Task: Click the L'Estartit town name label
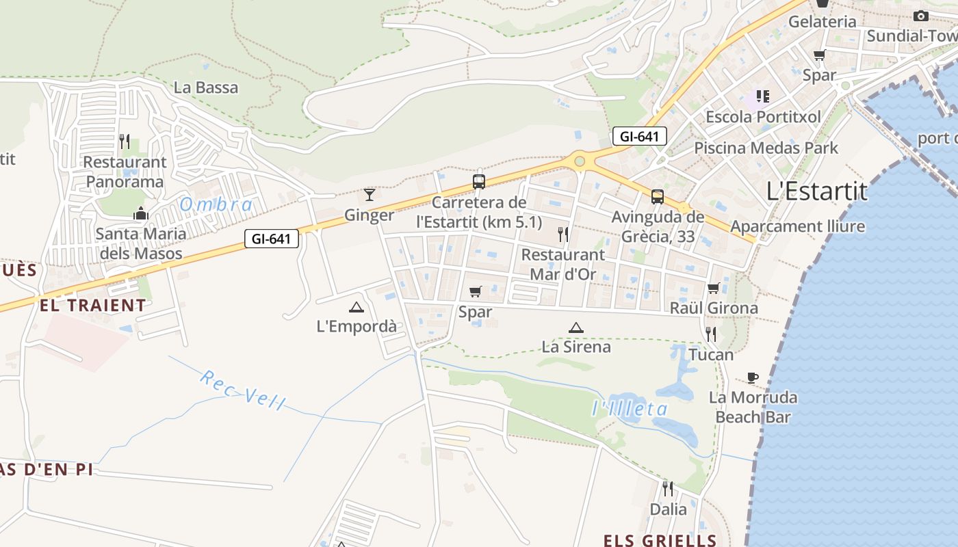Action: (817, 191)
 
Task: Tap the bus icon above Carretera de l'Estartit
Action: (479, 182)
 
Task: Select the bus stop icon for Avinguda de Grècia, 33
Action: (658, 197)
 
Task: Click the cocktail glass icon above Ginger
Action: (370, 195)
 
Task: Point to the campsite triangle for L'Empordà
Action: (356, 307)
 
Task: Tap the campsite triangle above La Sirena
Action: (576, 328)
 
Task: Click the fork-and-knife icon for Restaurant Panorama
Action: (125, 142)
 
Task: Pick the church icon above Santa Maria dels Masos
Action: (141, 213)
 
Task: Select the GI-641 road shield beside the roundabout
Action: (639, 136)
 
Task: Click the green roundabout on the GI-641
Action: (580, 161)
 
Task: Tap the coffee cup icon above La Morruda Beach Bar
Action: (753, 377)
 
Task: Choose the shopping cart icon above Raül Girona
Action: (714, 288)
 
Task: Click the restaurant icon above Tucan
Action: (711, 334)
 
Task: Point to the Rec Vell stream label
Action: (242, 390)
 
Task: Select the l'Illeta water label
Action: (630, 409)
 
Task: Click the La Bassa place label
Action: (206, 88)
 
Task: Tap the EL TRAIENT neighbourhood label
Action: (93, 306)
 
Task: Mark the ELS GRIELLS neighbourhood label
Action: (660, 540)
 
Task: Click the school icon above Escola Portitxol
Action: (763, 96)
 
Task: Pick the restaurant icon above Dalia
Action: (668, 488)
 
